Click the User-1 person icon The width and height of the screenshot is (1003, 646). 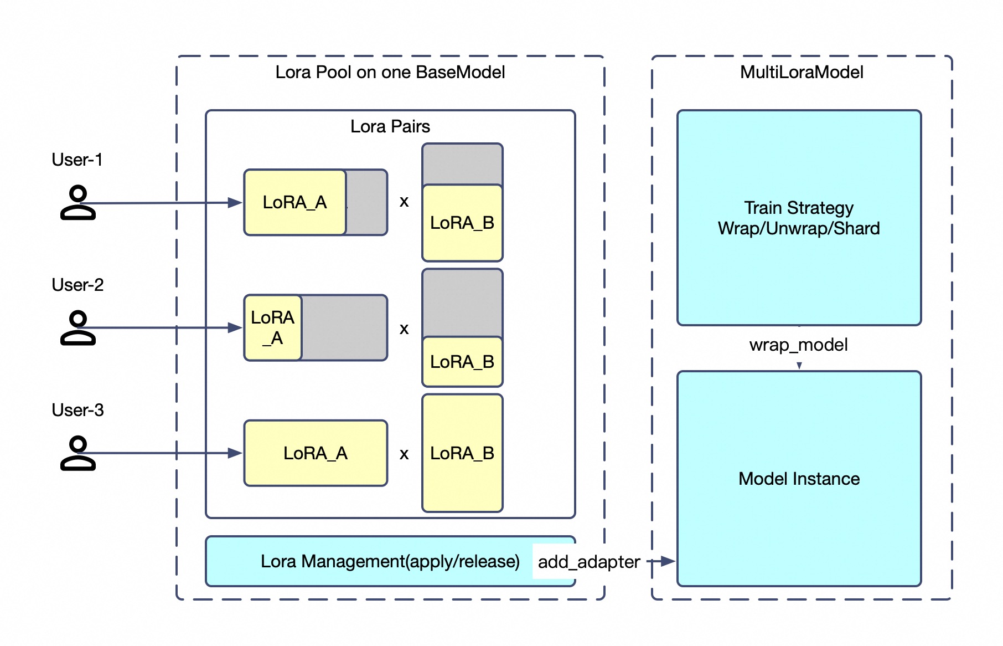click(77, 203)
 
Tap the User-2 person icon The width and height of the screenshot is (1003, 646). click(77, 328)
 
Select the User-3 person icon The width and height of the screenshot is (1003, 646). click(77, 453)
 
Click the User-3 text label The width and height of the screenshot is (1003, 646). click(77, 410)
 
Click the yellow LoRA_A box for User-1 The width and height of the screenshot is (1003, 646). click(295, 202)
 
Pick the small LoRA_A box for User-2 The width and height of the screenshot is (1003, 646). click(273, 327)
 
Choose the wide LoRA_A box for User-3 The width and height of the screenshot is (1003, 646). click(316, 453)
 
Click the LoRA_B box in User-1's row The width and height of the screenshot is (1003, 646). click(462, 223)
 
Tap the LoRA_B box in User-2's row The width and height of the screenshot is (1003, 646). click(462, 362)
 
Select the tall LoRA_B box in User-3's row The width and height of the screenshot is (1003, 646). click(462, 453)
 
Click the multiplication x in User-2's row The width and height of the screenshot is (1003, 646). click(404, 329)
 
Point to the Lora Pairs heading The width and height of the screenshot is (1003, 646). click(390, 126)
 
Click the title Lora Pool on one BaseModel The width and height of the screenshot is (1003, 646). click(390, 72)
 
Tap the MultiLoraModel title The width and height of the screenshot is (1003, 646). click(802, 72)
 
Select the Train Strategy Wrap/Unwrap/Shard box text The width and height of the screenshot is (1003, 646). click(799, 218)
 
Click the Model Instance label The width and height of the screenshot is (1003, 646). click(799, 479)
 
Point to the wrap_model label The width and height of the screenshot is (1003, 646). click(798, 345)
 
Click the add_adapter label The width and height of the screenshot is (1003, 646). click(589, 562)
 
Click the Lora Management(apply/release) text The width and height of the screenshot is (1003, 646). click(390, 561)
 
